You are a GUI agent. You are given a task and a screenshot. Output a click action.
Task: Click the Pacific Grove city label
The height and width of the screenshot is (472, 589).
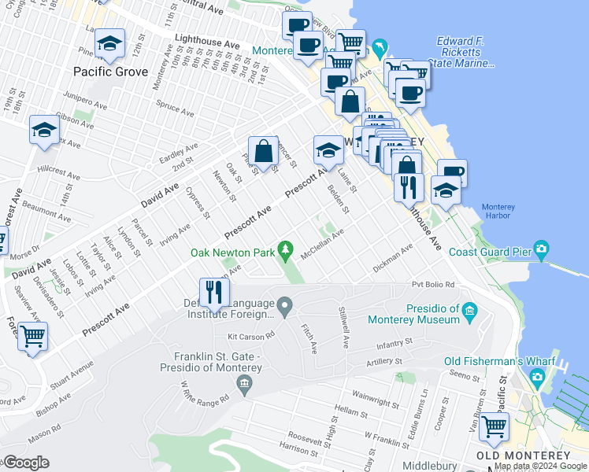pyautogui.click(x=110, y=72)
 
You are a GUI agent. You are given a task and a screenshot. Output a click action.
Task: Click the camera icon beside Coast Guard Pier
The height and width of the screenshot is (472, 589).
pyautogui.click(x=541, y=250)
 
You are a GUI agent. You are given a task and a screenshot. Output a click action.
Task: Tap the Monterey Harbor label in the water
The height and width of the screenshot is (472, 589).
pyautogui.click(x=496, y=212)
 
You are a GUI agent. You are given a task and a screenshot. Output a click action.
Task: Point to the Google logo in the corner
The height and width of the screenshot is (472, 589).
pyautogui.click(x=25, y=463)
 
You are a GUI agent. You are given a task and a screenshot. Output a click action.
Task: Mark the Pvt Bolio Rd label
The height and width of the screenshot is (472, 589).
pyautogui.click(x=434, y=284)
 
